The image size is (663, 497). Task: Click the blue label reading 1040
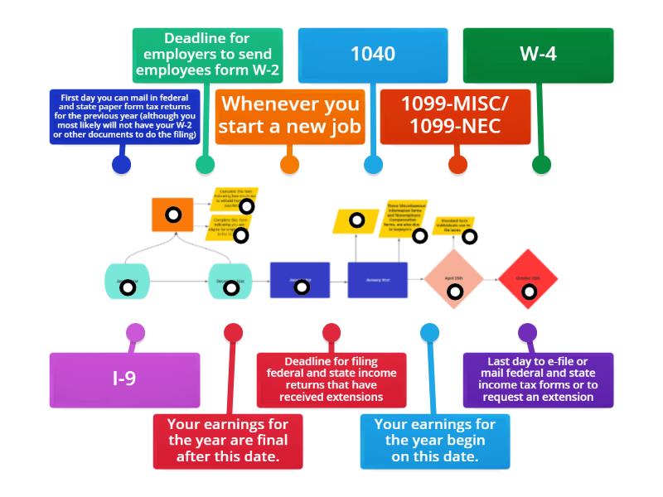pyautogui.click(x=372, y=55)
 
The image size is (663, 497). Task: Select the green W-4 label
pyautogui.click(x=538, y=55)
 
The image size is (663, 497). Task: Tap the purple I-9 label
pyautogui.click(x=124, y=379)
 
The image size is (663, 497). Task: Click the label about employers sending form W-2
pyautogui.click(x=207, y=55)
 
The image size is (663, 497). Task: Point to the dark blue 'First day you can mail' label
pyautogui.click(x=124, y=116)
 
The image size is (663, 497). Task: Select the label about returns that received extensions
pyautogui.click(x=331, y=379)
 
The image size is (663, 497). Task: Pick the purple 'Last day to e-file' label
pyautogui.click(x=538, y=379)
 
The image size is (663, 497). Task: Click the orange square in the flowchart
pyautogui.click(x=172, y=215)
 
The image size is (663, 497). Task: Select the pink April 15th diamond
pyautogui.click(x=454, y=280)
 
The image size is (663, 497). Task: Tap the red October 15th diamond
pyautogui.click(x=527, y=279)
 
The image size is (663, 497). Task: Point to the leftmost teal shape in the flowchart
pyautogui.click(x=127, y=280)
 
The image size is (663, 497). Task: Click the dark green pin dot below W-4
pyautogui.click(x=541, y=164)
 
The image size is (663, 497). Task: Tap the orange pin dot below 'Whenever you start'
pyautogui.click(x=289, y=164)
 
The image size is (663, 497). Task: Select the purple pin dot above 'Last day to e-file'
pyautogui.click(x=527, y=333)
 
